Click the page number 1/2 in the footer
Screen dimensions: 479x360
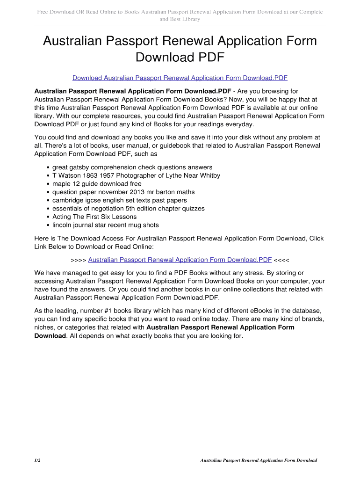[x=37, y=460]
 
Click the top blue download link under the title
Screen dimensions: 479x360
[x=180, y=78]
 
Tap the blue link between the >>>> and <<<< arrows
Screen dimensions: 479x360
[x=180, y=260]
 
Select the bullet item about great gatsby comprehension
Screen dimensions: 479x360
[x=132, y=167]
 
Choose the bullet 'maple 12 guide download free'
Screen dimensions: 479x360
[x=97, y=184]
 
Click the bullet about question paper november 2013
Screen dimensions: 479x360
[x=123, y=192]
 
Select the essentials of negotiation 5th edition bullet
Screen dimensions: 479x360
[x=128, y=209]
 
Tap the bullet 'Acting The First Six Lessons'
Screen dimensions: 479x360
[x=94, y=217]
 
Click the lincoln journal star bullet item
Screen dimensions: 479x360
[x=106, y=225]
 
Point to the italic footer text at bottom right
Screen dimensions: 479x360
[x=259, y=460]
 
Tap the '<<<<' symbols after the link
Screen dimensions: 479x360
[x=284, y=260]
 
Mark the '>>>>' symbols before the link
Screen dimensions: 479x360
[x=78, y=260]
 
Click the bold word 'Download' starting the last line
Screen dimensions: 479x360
[x=50, y=336]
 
